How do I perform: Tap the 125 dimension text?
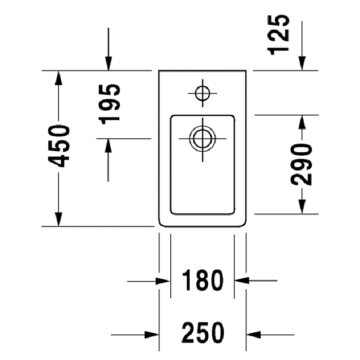pyautogui.click(x=279, y=34)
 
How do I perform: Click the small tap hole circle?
pyautogui.click(x=203, y=93)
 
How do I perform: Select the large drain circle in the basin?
pyautogui.click(x=202, y=138)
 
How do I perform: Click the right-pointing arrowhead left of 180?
pyautogui.click(x=163, y=281)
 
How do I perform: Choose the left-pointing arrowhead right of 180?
pyautogui.click(x=241, y=281)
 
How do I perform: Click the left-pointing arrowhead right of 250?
pyautogui.click(x=254, y=333)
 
